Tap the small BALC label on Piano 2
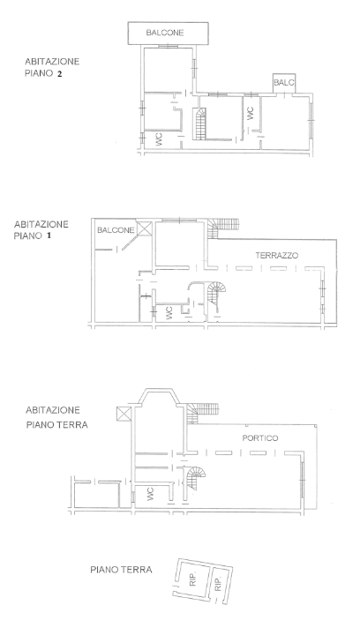283,83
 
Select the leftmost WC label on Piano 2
159,138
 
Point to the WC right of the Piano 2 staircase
250,113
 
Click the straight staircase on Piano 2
199,123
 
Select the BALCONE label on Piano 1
116,230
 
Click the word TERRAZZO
277,255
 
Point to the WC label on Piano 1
169,313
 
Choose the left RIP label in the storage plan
191,580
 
